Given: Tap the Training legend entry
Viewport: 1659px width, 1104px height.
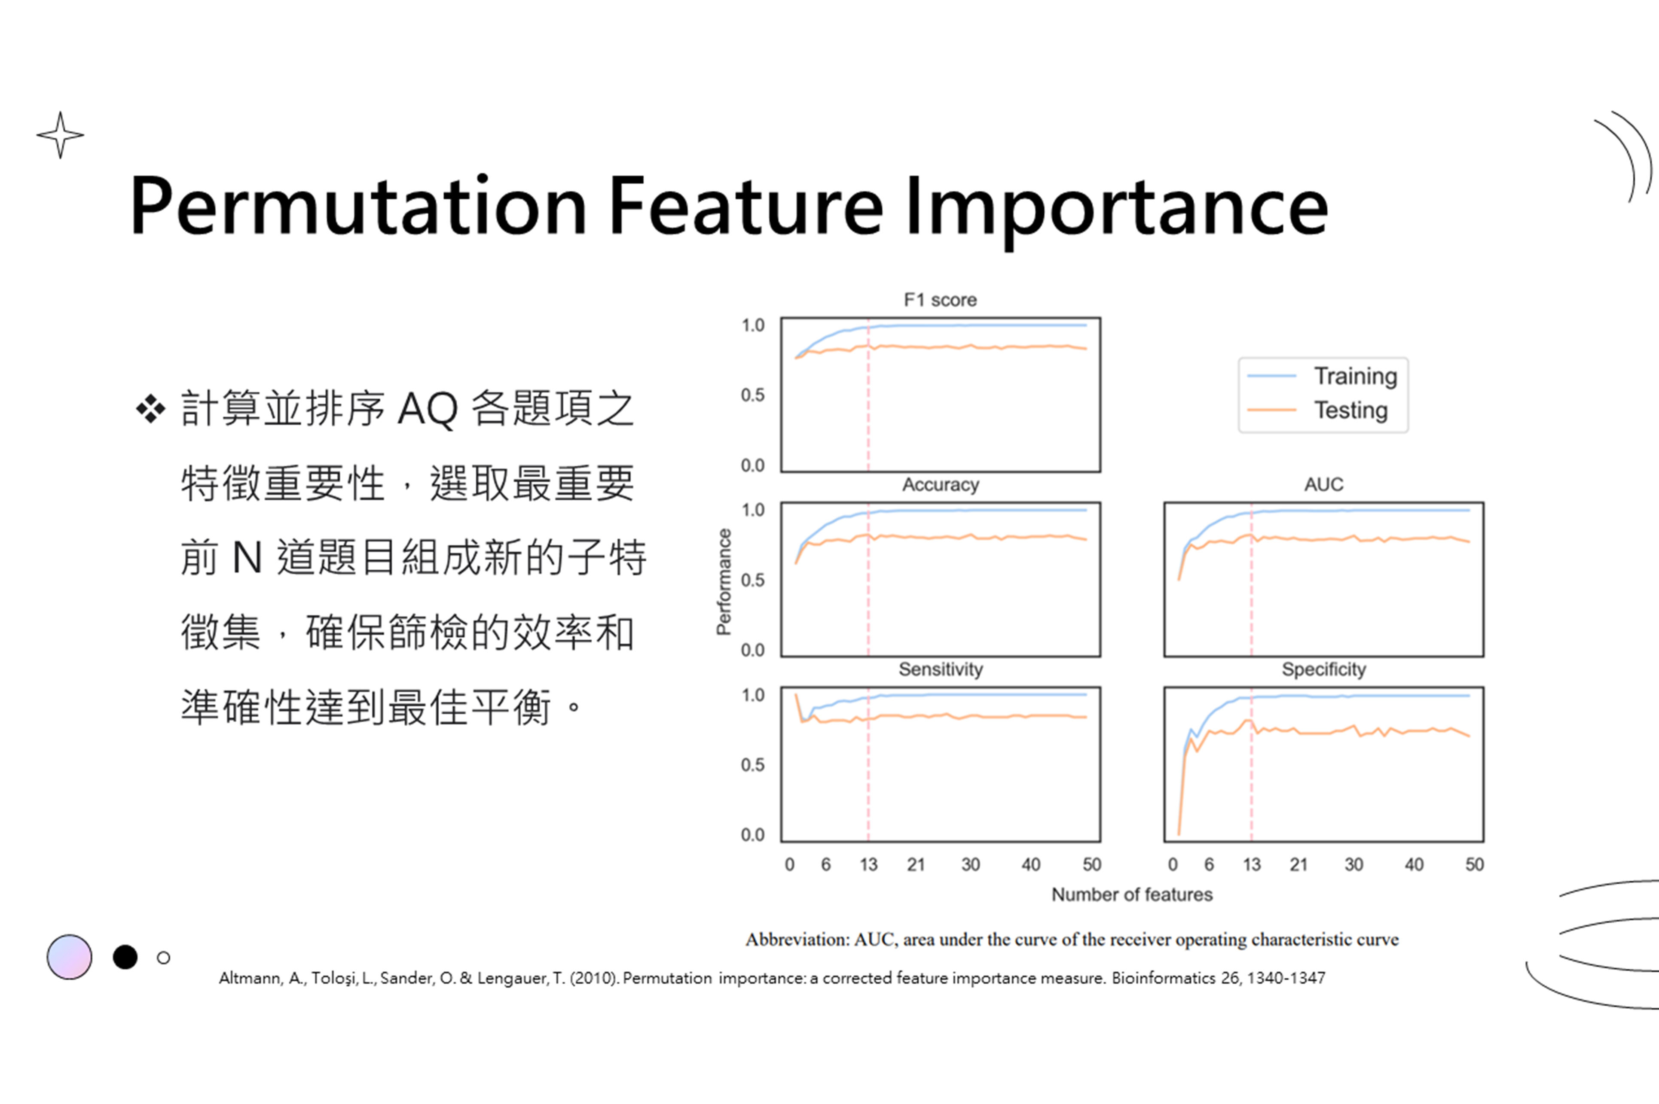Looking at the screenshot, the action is (x=1322, y=377).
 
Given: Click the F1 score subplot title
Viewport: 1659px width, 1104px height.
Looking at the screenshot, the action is (x=941, y=300).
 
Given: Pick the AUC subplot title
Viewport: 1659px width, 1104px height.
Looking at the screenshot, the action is (x=1324, y=484).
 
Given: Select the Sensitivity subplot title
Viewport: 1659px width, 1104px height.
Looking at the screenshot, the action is (x=941, y=669).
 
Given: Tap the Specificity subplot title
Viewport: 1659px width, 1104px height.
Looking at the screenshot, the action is (x=1324, y=669).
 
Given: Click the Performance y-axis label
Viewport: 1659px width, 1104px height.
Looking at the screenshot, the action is (x=724, y=581).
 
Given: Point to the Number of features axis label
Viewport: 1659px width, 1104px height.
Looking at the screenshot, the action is (x=1132, y=895).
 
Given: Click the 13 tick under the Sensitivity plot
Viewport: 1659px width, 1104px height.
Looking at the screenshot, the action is (x=868, y=865).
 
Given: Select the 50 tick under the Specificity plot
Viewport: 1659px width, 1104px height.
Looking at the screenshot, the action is (x=1474, y=865).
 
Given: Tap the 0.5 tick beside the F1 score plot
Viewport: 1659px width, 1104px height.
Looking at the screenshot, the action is (x=752, y=395).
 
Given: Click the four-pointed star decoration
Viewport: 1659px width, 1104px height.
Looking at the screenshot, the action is (x=61, y=134).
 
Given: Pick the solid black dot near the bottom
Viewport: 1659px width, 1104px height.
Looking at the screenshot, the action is (x=125, y=957).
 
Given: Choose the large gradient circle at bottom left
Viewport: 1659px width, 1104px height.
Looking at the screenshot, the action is (x=70, y=957).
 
